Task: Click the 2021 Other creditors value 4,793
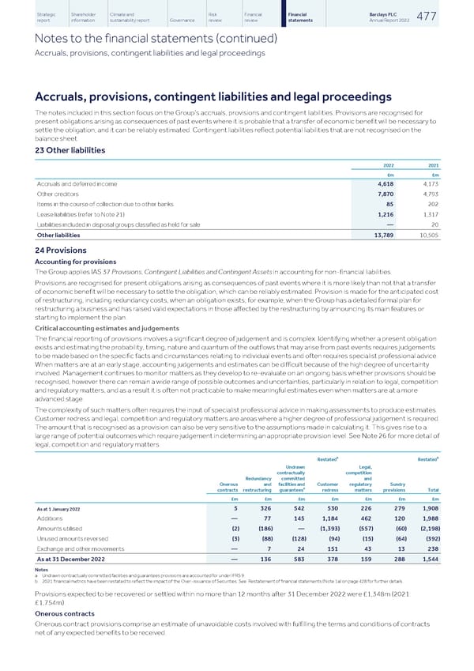[430, 194]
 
